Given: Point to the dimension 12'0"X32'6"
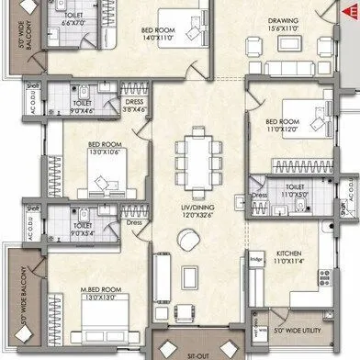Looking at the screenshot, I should (193, 219).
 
